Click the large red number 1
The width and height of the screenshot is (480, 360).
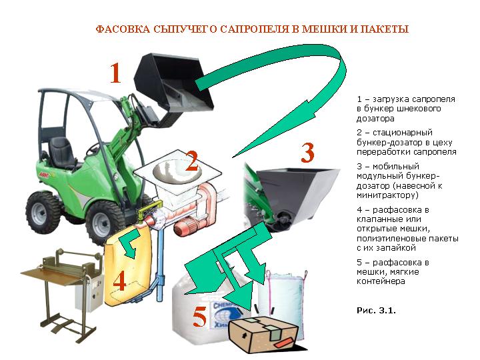coord(115,73)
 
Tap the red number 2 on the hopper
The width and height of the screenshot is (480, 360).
coord(192,161)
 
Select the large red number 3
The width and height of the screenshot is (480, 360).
coord(307,153)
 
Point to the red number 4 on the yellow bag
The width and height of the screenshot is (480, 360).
coord(120,281)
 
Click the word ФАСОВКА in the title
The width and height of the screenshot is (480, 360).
coord(123,29)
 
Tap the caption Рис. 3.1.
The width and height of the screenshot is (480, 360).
coord(376,311)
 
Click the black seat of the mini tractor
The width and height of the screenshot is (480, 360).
coord(62,153)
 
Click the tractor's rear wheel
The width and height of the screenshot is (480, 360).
coord(42,213)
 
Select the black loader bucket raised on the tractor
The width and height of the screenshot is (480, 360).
coord(173,85)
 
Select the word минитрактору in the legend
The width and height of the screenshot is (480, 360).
coord(387,195)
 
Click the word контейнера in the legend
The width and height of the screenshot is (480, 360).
coord(381,281)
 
